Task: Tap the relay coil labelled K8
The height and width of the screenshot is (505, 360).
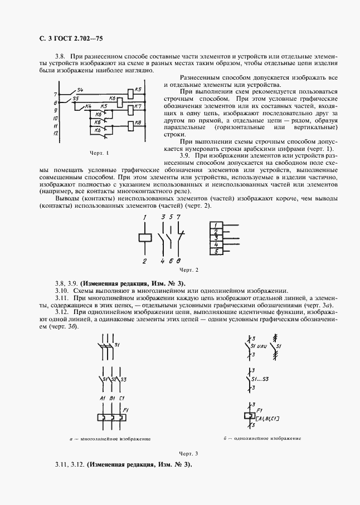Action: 132,125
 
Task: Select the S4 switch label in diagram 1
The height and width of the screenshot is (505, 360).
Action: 80,90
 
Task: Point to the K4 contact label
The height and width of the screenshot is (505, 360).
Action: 88,106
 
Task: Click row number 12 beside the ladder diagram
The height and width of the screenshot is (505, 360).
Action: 56,134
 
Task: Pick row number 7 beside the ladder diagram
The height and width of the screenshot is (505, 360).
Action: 55,94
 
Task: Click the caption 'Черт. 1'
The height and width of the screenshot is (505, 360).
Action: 99,153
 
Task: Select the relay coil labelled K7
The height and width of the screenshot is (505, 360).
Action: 132,108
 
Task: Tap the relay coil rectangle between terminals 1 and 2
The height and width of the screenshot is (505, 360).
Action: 144,237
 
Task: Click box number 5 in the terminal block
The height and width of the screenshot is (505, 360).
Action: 216,252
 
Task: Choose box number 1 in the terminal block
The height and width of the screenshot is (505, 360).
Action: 216,224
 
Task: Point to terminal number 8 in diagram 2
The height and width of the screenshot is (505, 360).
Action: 178,261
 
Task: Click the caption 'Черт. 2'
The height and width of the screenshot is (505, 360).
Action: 187,270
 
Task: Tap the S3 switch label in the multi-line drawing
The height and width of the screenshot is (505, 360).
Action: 124,380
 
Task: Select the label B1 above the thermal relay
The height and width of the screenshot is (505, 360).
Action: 112,399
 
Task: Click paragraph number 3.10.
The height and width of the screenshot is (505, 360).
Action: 61,291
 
